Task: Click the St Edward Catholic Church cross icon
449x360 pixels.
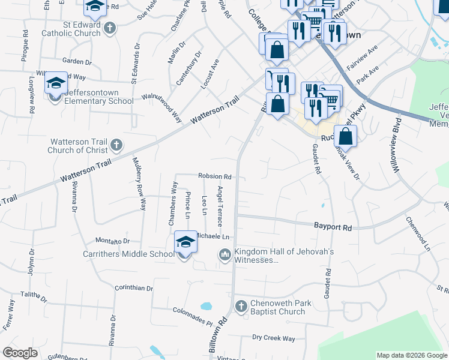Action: (x=109, y=28)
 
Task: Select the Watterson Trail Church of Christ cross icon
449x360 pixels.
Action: (x=116, y=145)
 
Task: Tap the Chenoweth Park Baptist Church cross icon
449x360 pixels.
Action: (x=241, y=307)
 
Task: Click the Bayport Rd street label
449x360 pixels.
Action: (x=333, y=227)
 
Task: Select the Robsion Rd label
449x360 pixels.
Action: (x=215, y=176)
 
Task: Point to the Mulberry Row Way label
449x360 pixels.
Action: (x=139, y=183)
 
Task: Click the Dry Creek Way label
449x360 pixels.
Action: (x=273, y=338)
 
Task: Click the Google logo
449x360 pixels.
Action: (x=20, y=353)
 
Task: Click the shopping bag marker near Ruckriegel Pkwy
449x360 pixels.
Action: (x=346, y=136)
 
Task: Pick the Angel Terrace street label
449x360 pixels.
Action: (x=220, y=206)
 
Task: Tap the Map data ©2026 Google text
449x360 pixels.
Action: (x=411, y=355)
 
